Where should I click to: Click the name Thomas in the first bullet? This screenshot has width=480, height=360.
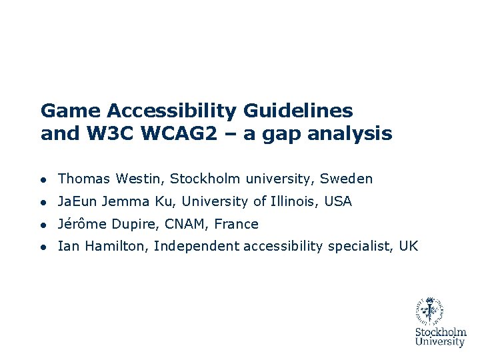(85, 179)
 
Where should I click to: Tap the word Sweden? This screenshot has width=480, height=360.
(346, 179)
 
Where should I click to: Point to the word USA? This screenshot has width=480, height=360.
(339, 201)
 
